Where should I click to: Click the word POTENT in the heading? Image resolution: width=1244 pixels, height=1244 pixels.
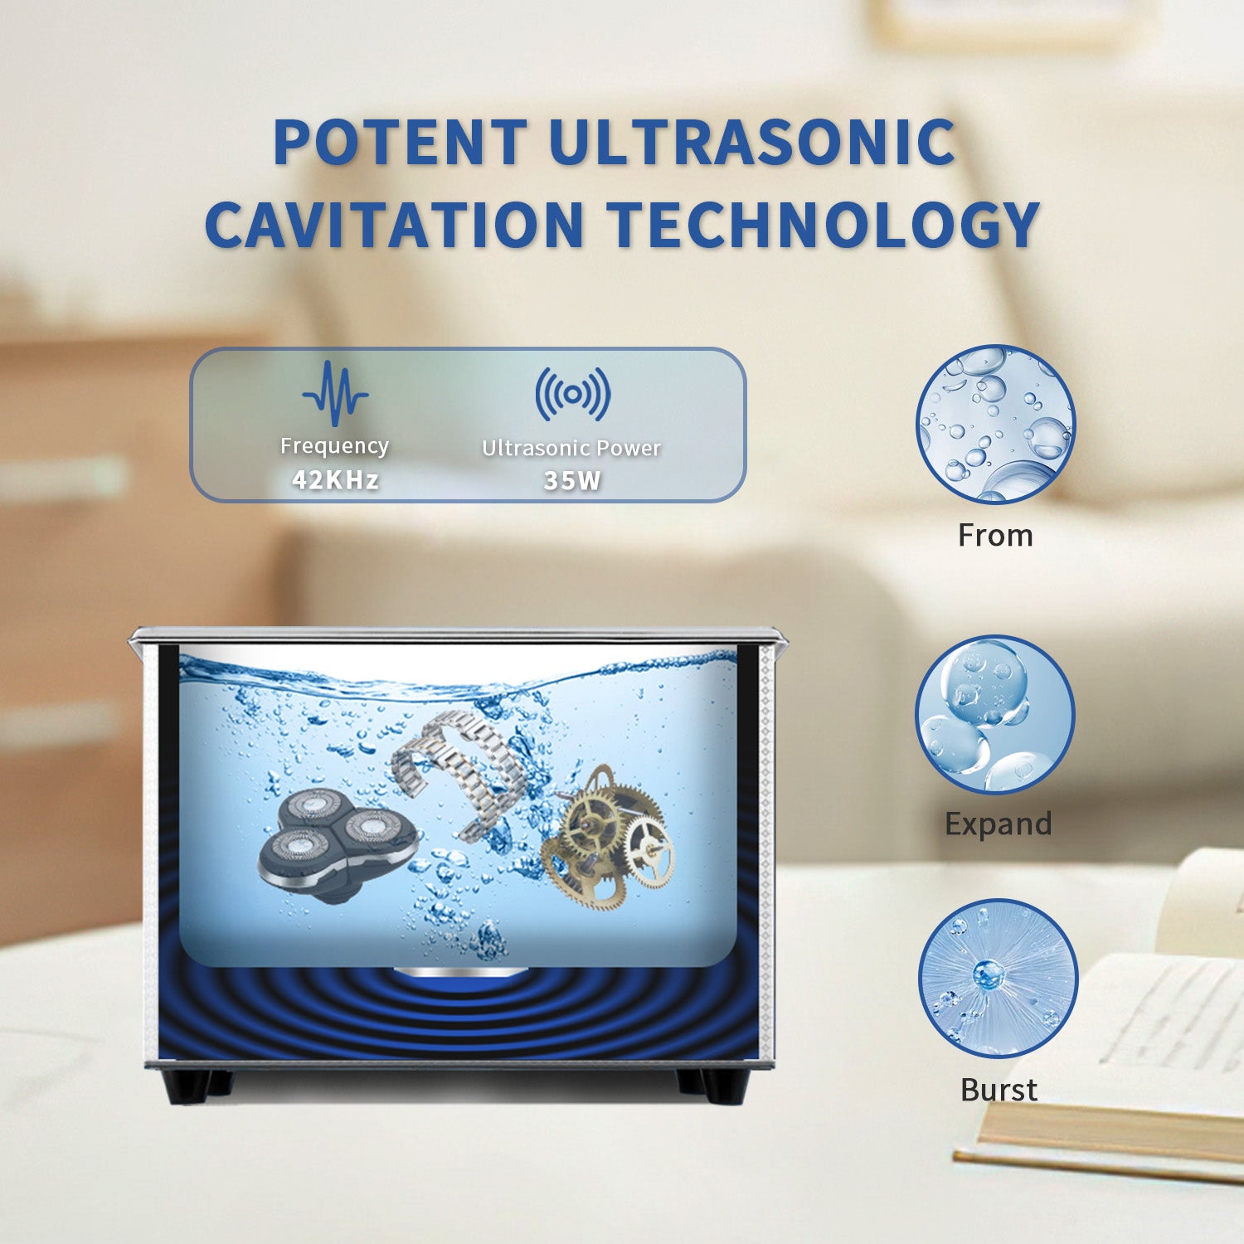tap(401, 142)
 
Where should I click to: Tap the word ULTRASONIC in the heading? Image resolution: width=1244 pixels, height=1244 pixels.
tap(752, 142)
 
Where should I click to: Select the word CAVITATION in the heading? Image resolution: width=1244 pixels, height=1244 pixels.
tap(395, 224)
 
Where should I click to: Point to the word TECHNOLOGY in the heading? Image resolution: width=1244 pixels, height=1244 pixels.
tap(824, 224)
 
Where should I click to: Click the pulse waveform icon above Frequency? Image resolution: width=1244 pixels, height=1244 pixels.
tap(335, 393)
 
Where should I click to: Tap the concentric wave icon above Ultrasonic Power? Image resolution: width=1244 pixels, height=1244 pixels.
tap(572, 394)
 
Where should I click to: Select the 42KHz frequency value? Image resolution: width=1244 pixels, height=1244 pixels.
tap(335, 479)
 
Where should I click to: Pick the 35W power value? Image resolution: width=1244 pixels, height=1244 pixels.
tap(572, 480)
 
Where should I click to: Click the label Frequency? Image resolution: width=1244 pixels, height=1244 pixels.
tap(334, 446)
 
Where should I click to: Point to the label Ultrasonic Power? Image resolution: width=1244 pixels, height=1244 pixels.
tap(571, 448)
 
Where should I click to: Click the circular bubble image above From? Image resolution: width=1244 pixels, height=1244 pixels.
tap(995, 425)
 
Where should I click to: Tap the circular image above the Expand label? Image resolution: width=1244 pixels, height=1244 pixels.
tap(995, 715)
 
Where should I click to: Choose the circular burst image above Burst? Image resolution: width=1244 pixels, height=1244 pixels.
tap(998, 979)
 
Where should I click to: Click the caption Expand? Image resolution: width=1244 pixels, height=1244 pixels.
tap(999, 824)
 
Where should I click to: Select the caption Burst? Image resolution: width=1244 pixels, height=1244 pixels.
tap(999, 1090)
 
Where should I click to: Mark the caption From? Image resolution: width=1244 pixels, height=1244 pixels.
tap(995, 536)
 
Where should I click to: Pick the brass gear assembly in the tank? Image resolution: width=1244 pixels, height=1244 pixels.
tap(606, 834)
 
